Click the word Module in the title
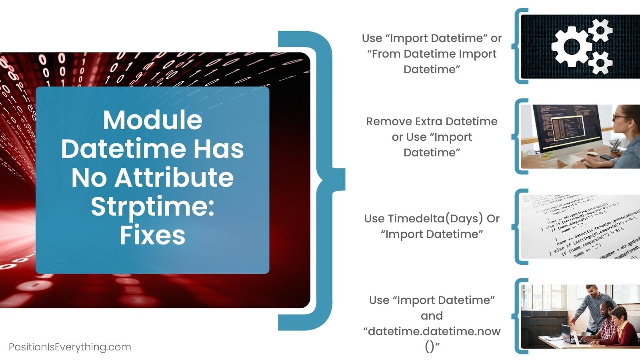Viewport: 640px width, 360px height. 152,120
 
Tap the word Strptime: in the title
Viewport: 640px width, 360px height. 152,207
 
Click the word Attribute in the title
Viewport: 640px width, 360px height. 174,178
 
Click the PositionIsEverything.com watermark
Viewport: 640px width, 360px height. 70,347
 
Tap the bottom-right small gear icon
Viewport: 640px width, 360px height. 600,62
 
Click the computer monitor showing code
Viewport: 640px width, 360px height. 568,128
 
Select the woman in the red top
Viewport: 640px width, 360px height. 622,326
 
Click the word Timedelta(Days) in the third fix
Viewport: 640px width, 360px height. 424,219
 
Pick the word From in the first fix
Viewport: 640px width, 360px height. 386,54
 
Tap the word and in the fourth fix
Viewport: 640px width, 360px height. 432,316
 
